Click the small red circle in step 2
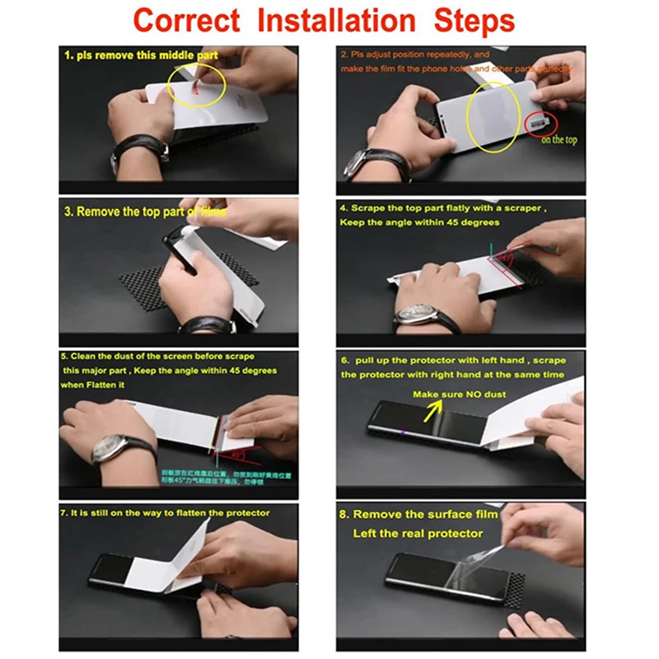pyautogui.click(x=540, y=122)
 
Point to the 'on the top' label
pyautogui.click(x=559, y=140)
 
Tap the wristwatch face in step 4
pyautogui.click(x=416, y=314)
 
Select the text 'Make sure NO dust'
pyautogui.click(x=460, y=395)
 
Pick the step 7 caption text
pyautogui.click(x=165, y=512)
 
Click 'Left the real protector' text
pyautogui.click(x=418, y=533)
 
